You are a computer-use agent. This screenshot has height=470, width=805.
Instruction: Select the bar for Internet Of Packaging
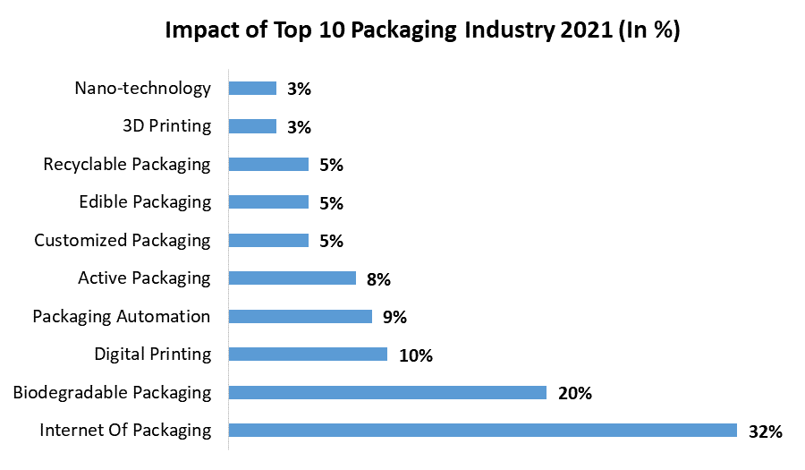coord(482,430)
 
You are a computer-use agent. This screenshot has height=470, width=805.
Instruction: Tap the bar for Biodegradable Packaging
coord(387,392)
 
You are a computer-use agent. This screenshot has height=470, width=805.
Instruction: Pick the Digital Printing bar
coord(308,354)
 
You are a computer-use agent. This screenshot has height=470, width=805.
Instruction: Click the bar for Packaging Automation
coord(300,316)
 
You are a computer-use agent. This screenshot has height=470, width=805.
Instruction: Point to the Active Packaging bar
coord(292,278)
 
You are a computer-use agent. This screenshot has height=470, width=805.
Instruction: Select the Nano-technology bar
coord(252,88)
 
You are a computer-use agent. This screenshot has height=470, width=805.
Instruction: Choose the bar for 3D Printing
coord(252,126)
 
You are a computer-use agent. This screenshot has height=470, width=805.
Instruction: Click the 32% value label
coord(766,432)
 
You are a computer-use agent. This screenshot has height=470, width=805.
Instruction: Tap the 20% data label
coord(574,394)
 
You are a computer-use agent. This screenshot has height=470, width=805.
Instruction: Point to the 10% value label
coord(416,355)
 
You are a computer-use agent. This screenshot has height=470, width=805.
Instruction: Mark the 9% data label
coord(394,318)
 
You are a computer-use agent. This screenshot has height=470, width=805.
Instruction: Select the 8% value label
coord(378,279)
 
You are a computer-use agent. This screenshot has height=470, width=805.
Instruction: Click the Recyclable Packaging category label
coord(127,164)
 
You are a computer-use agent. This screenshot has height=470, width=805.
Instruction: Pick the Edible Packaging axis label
coord(145,201)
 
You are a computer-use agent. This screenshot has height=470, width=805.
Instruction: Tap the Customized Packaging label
coord(123,240)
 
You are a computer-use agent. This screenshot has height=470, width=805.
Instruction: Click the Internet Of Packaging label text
coord(125,430)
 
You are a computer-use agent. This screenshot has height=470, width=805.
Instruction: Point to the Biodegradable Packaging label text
coord(112,392)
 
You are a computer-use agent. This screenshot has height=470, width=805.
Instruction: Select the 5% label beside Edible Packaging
coord(331,203)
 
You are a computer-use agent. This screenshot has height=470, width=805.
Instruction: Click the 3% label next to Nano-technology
coord(299,90)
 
